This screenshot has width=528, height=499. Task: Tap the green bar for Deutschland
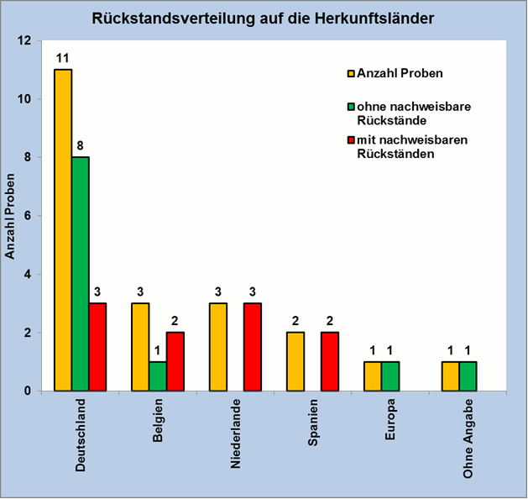point(81,273)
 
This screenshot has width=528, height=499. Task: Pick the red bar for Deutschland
point(98,346)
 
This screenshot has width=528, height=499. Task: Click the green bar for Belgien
point(157,376)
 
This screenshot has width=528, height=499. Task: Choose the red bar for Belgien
point(175,361)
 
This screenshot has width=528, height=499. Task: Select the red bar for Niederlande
point(253,346)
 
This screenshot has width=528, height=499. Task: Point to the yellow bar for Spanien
point(295,361)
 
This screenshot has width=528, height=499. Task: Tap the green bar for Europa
point(389,376)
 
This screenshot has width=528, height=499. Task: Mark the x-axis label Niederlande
point(236,433)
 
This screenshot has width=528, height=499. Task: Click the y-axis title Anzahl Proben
point(11,215)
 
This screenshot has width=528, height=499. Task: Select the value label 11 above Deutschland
point(62,58)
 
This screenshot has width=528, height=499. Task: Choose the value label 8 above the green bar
point(81,145)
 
